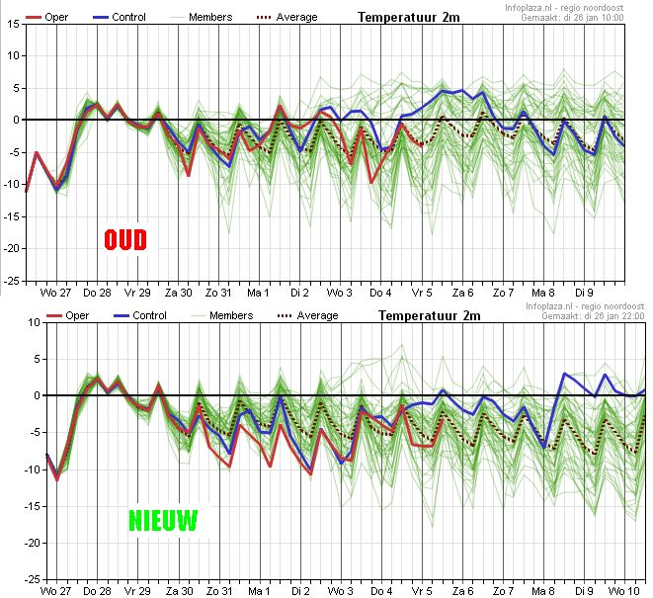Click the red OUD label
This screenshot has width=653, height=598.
tap(125, 239)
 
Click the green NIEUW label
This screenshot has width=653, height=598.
tap(163, 521)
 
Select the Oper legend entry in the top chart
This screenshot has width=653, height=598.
tap(46, 17)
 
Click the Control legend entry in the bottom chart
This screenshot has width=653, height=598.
tap(140, 315)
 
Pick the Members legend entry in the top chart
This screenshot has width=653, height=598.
tap(202, 17)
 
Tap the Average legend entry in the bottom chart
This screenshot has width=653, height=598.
tap(308, 315)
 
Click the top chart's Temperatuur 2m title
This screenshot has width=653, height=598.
tap(409, 17)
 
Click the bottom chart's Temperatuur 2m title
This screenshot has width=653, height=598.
tap(430, 315)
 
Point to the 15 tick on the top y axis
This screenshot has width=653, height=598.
tap(13, 24)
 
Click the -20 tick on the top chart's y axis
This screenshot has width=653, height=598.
tap(12, 248)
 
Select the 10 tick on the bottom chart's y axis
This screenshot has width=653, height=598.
tap(35, 322)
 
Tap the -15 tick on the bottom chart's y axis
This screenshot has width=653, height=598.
tap(33, 506)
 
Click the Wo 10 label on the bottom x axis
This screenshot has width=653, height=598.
tap(623, 591)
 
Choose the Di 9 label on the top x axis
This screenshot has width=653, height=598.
tap(584, 293)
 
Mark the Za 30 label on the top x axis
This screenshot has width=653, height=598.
tap(178, 293)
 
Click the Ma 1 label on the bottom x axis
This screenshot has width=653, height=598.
tap(259, 591)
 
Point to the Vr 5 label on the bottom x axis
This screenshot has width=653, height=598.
tap(422, 591)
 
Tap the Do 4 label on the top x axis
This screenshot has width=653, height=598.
tap(380, 293)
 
